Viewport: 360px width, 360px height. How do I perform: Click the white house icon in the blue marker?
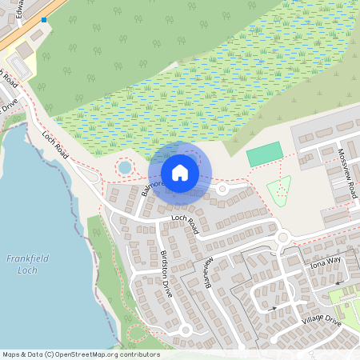click(180, 172)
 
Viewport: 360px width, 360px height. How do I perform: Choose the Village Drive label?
click(322, 320)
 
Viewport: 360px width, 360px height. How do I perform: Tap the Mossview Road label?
click(346, 168)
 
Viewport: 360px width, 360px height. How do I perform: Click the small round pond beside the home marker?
click(125, 168)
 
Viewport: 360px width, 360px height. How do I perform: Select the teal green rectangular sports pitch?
click(265, 154)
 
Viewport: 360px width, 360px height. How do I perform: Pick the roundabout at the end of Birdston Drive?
click(186, 329)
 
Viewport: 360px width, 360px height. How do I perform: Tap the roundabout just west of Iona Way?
click(282, 237)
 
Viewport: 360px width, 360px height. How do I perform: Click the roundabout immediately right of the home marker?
click(222, 190)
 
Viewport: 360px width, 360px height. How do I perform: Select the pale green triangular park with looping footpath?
click(278, 190)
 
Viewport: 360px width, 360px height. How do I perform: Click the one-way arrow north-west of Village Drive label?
click(273, 307)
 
